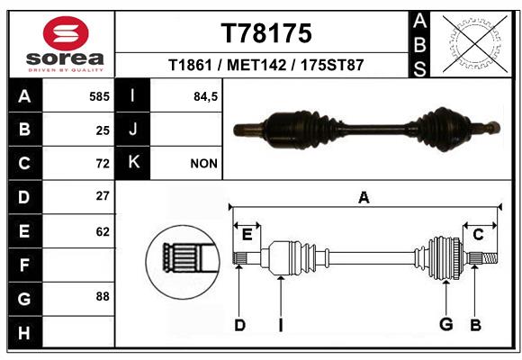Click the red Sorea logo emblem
coord(66,33)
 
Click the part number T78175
coord(266,33)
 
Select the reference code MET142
coord(256,65)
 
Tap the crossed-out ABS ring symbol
coord(475,43)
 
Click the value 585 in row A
coord(99,96)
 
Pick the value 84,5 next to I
coord(205,97)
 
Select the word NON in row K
coord(203,164)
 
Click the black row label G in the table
coord(25,299)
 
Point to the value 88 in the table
coord(103,296)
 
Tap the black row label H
coord(25,332)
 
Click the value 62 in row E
coord(103,231)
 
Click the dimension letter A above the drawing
coord(364,197)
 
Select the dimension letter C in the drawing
coord(478,235)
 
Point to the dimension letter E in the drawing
coord(247,235)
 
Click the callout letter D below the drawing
coord(239,325)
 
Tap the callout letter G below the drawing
coord(446,324)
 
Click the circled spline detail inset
coord(183,262)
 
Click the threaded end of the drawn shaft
coord(490,258)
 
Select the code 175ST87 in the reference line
coord(332,65)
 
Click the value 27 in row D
coord(103,196)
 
